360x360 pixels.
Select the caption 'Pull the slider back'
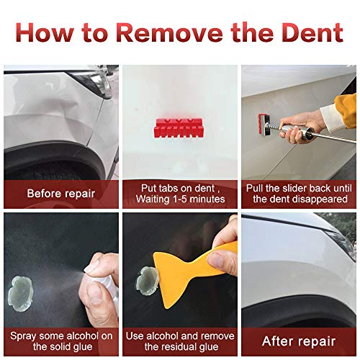[299, 188]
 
